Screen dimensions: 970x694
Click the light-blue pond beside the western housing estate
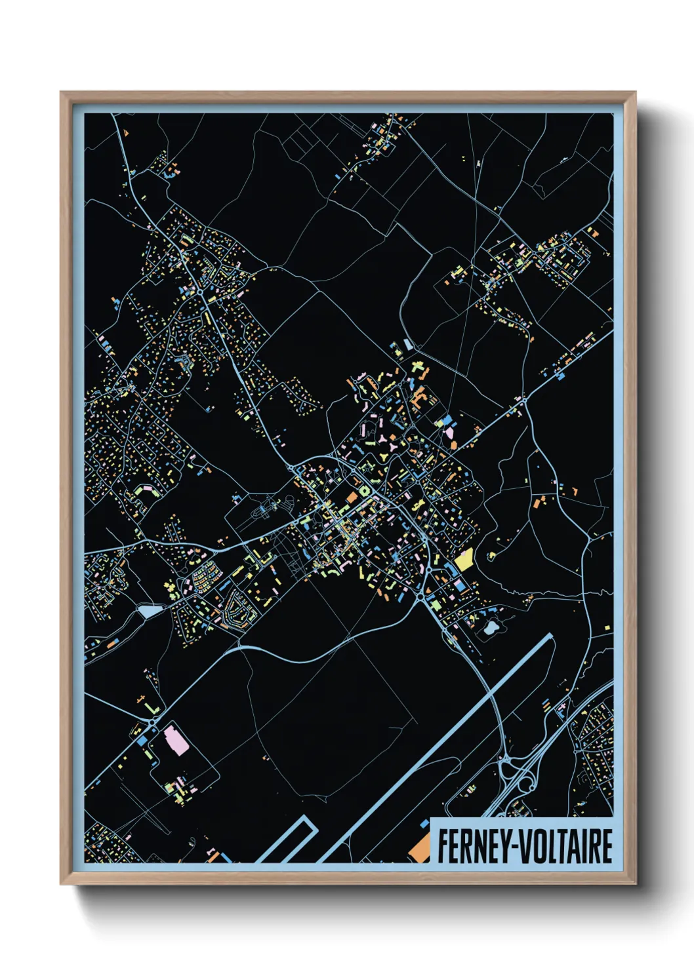pos(148,611)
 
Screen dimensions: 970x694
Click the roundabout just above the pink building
pos(152,722)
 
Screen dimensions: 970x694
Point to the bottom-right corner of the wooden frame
pos(635,884)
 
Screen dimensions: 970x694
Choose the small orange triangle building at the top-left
pos(126,134)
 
